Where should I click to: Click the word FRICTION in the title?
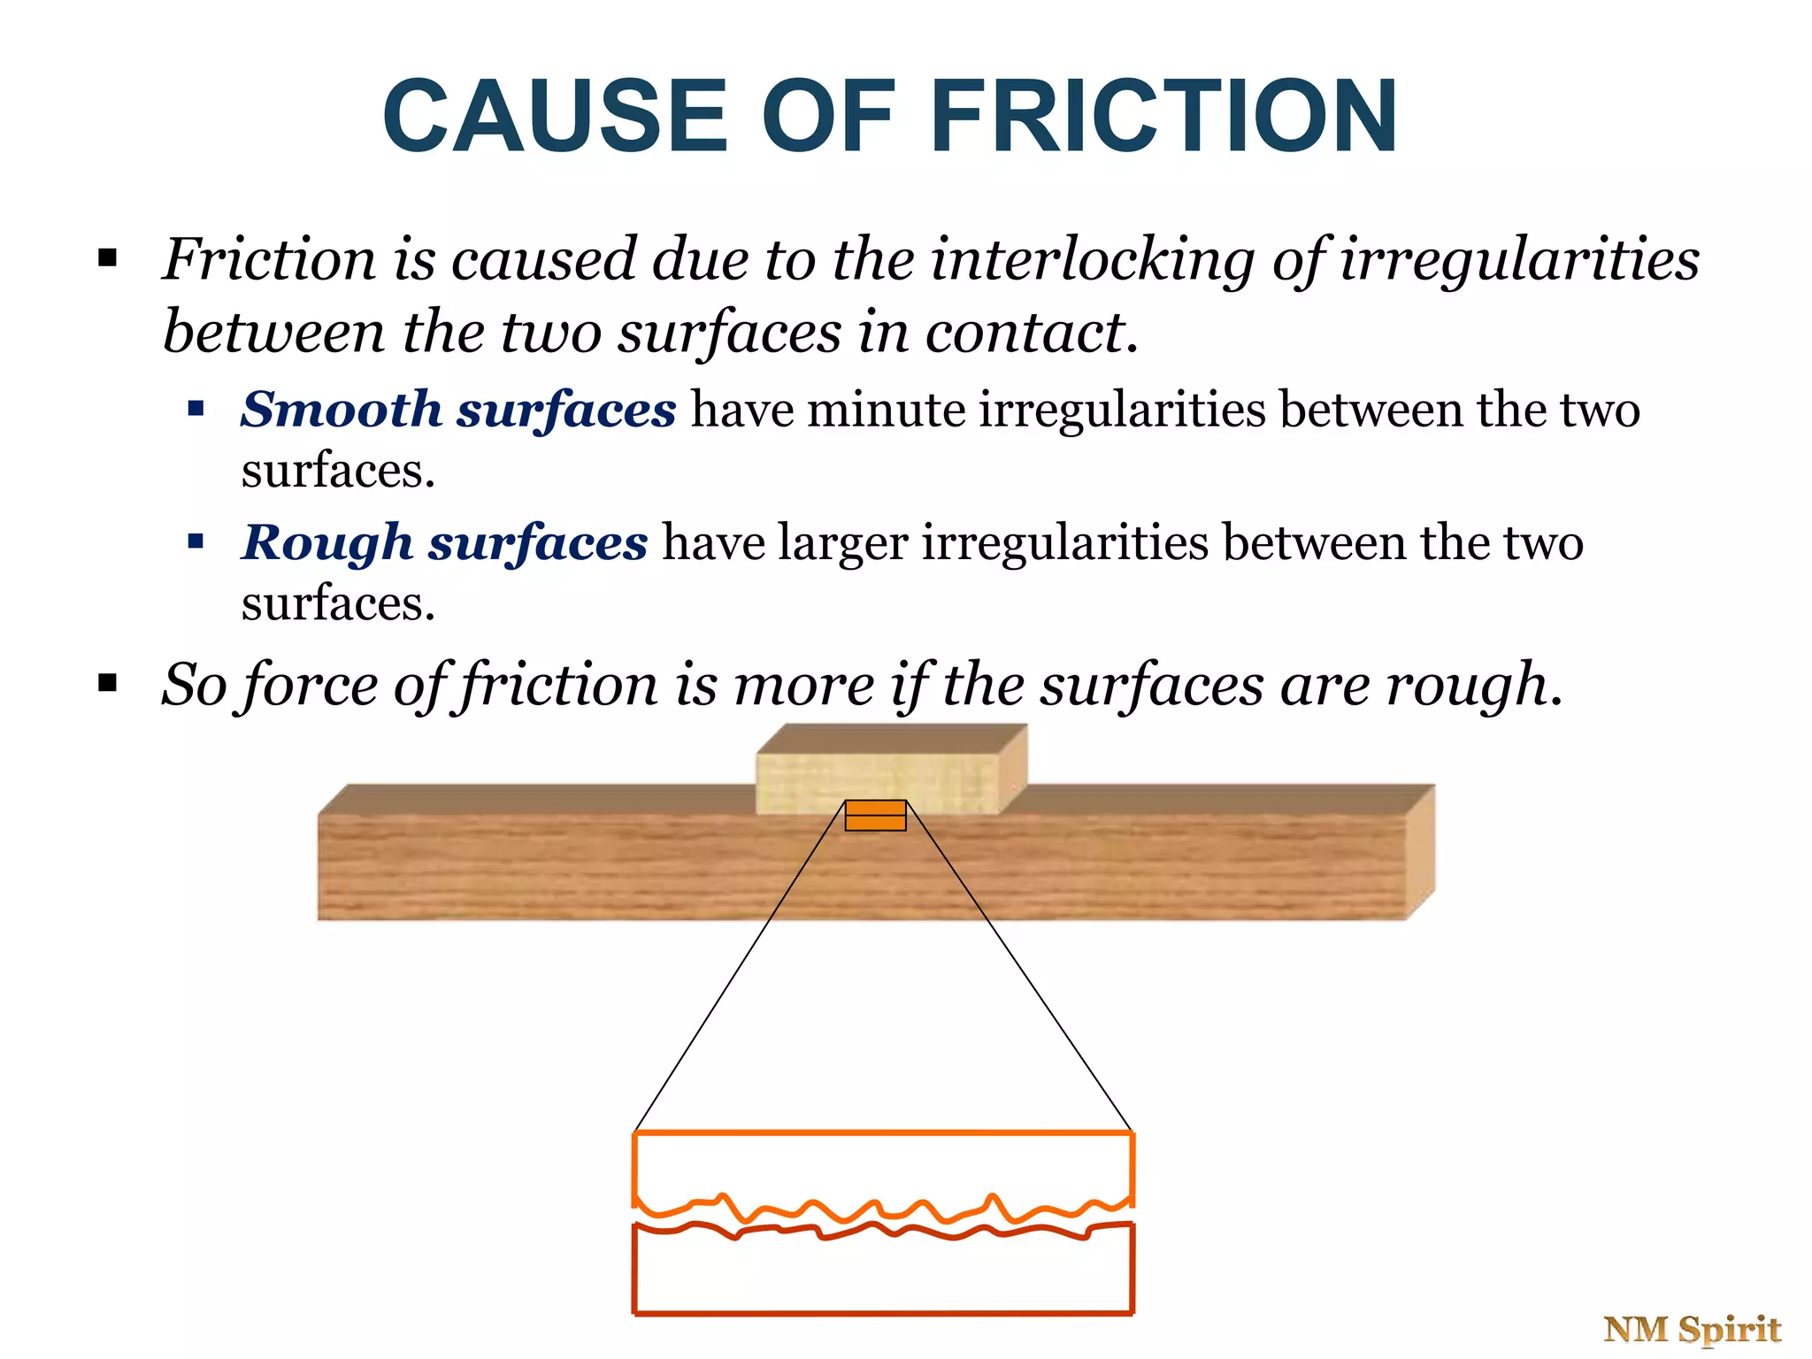pyautogui.click(x=1164, y=117)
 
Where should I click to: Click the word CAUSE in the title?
pyautogui.click(x=556, y=117)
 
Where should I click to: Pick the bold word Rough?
pyautogui.click(x=327, y=542)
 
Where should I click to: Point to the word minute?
pyautogui.click(x=886, y=411)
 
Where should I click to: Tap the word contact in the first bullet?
pyautogui.click(x=1025, y=333)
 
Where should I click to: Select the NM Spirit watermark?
pyautogui.click(x=1692, y=1329)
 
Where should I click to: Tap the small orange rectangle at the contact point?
pyautogui.click(x=875, y=816)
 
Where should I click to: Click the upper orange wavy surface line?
pyautogui.click(x=885, y=1209)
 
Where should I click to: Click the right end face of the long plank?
pyautogui.click(x=1420, y=849)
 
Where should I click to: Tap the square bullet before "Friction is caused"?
pyautogui.click(x=108, y=258)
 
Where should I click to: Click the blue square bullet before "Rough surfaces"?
pyautogui.click(x=196, y=541)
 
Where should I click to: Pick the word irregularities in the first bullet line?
pyautogui.click(x=1519, y=260)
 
